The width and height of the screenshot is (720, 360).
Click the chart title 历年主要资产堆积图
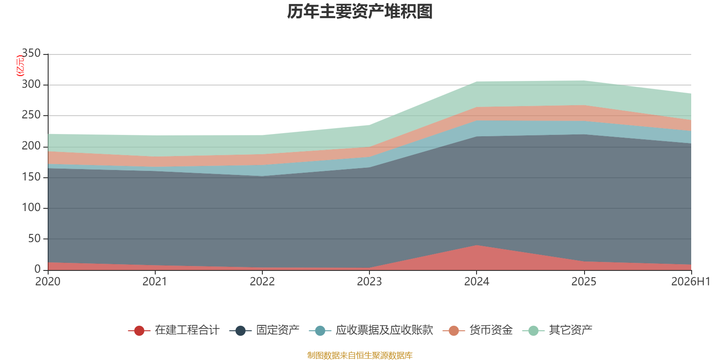click(x=360, y=12)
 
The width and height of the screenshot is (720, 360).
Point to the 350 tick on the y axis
click(x=31, y=53)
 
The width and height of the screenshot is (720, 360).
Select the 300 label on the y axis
click(x=31, y=84)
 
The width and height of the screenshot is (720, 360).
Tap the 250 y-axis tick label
click(x=31, y=115)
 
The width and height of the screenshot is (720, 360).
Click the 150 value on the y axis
click(x=31, y=177)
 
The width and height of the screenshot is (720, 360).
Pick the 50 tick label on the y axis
click(x=34, y=238)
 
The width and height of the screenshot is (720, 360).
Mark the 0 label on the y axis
click(x=37, y=269)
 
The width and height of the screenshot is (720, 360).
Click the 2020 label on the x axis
click(x=48, y=282)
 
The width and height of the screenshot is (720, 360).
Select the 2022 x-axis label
click(x=262, y=282)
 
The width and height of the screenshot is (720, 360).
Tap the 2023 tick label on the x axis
click(x=369, y=282)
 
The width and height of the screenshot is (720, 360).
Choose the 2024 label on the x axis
click(x=477, y=282)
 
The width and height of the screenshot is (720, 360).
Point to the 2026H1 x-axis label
click(x=691, y=282)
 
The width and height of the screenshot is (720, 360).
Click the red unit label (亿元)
click(x=20, y=66)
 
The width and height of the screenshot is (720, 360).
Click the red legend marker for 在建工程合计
click(x=139, y=330)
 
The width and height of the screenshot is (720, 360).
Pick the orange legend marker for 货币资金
click(x=454, y=330)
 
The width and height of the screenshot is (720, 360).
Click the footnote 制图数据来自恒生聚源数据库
click(x=360, y=355)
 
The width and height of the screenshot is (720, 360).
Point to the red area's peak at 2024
click(x=477, y=245)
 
